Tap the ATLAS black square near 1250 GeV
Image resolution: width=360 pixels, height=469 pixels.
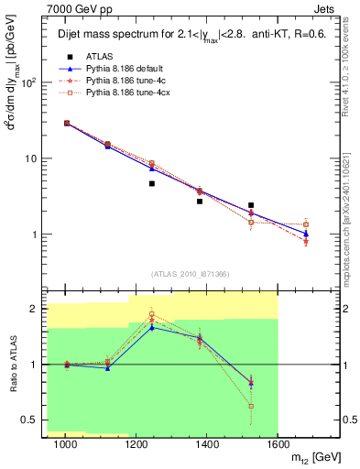152,183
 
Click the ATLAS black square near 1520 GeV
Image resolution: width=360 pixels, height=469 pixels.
251,205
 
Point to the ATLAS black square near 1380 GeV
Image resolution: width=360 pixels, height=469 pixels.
200,201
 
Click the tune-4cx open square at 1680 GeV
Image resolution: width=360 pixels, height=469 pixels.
306,224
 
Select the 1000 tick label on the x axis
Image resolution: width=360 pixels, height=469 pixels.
65,443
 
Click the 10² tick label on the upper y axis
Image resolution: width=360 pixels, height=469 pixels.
31,82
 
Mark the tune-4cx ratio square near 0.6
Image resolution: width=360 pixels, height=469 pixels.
251,406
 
